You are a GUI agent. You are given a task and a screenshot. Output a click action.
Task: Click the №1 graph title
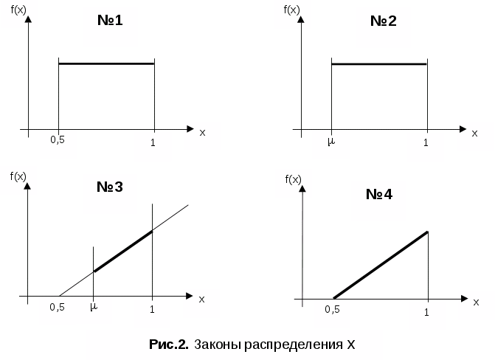coord(109,20)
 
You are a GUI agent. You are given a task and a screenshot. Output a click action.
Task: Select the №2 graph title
coord(383,20)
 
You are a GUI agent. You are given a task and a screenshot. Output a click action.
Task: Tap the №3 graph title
coord(109,187)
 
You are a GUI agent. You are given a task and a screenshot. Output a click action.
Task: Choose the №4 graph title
coord(378,195)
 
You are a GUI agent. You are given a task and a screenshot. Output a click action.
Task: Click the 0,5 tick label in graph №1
coord(58,139)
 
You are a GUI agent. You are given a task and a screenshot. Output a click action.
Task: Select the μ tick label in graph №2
coord(331,140)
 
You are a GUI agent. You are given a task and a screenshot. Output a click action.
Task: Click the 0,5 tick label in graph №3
coord(58,306)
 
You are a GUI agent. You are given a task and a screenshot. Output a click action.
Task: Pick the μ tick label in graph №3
coord(94,305)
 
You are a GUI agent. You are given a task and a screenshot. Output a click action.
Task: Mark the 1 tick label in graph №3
coord(152,308)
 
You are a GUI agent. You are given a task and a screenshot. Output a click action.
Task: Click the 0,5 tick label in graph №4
coord(332,309)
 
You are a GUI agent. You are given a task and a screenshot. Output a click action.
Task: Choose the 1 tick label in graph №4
coord(426,313)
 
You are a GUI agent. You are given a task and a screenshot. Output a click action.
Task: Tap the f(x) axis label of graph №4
coord(293,179)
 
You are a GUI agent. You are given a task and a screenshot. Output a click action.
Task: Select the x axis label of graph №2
coord(474,133)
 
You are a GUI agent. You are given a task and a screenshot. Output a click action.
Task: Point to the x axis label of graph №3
coord(201,298)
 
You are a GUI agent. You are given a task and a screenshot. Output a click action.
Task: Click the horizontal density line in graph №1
coord(106,63)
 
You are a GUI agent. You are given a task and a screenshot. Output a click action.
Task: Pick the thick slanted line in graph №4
coord(381,265)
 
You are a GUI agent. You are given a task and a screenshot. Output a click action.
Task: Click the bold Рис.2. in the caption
coord(169,344)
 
